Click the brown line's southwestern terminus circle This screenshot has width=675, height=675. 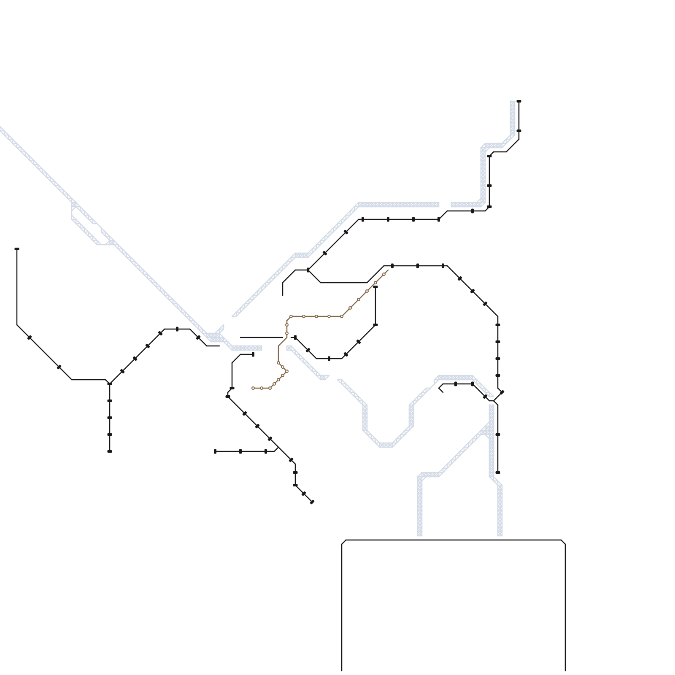tap(253, 388)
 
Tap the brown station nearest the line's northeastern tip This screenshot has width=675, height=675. tap(384, 274)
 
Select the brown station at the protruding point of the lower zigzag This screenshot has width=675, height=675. tap(287, 371)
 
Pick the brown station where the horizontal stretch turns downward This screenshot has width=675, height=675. tap(291, 316)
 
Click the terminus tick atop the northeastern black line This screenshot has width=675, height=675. tap(519, 101)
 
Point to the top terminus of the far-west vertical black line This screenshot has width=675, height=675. tap(17, 249)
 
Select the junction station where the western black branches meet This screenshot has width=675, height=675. tap(110, 383)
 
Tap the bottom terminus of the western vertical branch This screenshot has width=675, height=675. tap(110, 451)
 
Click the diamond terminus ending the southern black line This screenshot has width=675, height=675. tap(312, 502)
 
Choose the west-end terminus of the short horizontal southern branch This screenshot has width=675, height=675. tap(215, 451)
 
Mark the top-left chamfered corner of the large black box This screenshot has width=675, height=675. tap(344, 542)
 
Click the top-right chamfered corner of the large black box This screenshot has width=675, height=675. tap(563, 542)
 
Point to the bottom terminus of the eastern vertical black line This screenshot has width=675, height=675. tap(498, 472)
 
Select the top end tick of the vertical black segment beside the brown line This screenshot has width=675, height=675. tap(375, 287)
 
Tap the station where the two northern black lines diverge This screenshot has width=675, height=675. tap(308, 270)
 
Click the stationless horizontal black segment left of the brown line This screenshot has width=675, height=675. tap(262, 337)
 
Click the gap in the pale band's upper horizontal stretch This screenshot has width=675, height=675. tap(445, 205)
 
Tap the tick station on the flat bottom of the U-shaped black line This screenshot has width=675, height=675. tap(329, 359)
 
